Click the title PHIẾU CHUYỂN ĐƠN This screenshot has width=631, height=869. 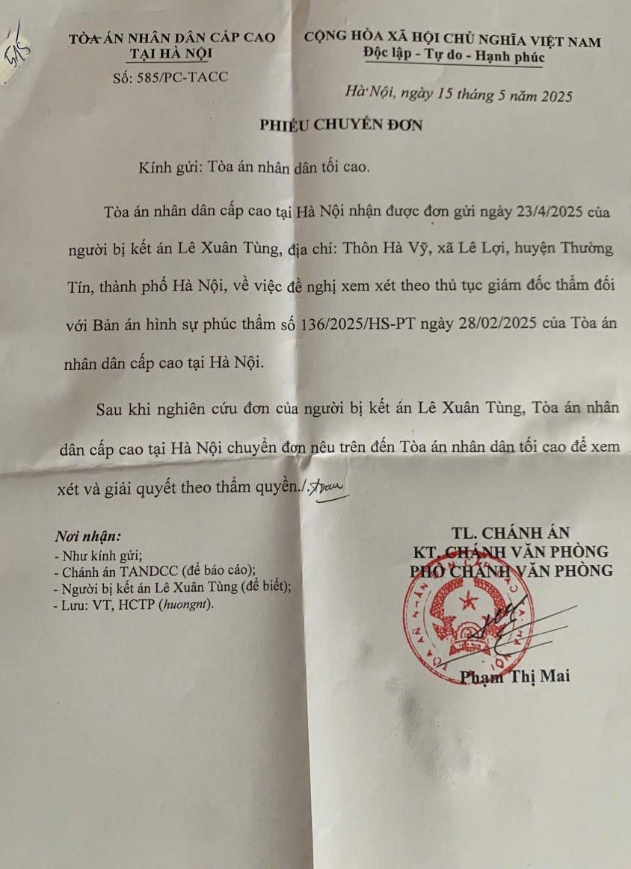click(x=340, y=125)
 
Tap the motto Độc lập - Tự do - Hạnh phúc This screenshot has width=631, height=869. click(x=454, y=56)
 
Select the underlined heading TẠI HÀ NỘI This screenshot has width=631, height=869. click(x=171, y=54)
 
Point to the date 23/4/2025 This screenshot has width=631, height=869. click(x=544, y=212)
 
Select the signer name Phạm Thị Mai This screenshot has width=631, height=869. click(x=514, y=676)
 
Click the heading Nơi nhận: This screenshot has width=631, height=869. click(x=87, y=536)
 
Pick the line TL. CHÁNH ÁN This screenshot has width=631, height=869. click(x=511, y=533)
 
